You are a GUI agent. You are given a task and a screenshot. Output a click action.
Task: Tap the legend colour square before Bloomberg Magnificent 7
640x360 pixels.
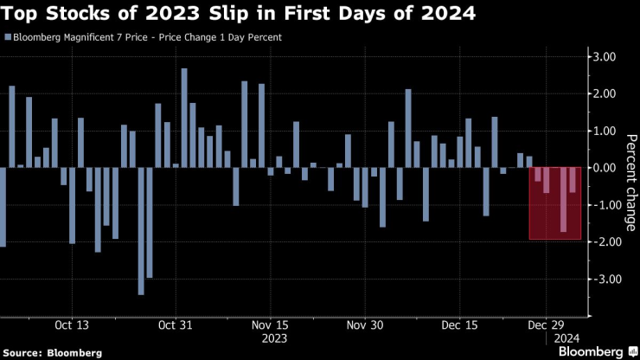(x=8, y=38)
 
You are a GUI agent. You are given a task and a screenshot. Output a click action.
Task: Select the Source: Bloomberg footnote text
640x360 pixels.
(x=52, y=353)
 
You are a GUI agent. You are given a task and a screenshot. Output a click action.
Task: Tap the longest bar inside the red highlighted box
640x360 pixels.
(x=563, y=199)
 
